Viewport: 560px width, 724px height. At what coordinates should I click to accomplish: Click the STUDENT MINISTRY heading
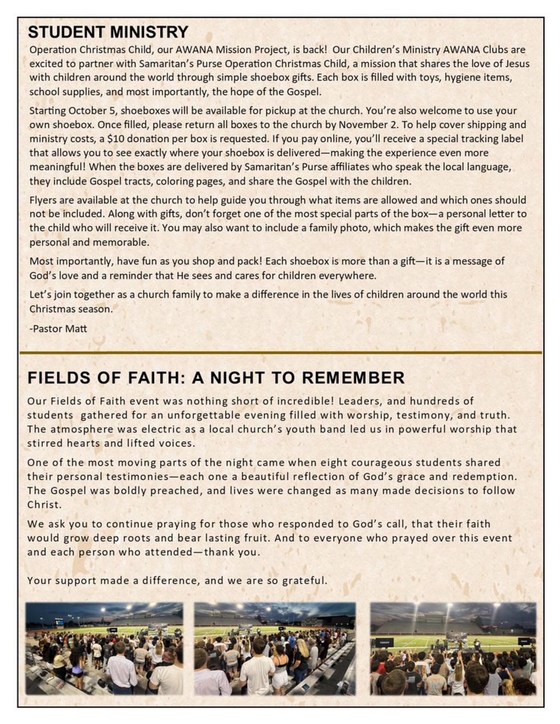pos(108,32)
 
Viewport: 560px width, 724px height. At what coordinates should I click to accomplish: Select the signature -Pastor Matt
pos(58,329)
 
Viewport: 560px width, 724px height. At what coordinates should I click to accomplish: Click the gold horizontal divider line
pos(280,352)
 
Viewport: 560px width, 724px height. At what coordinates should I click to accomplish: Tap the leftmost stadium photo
pos(104,648)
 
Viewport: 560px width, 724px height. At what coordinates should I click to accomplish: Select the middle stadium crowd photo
pos(275,648)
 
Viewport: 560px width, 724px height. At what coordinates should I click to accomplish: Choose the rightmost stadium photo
pos(453,648)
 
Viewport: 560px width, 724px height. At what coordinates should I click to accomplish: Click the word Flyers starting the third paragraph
pos(43,200)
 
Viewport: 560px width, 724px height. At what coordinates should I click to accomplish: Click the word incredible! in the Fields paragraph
pos(302,401)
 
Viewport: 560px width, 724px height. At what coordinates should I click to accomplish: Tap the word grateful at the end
pos(305,580)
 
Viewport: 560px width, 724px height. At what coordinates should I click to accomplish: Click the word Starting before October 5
pos(47,111)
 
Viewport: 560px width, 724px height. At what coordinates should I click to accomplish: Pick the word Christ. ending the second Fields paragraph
pos(44,505)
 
